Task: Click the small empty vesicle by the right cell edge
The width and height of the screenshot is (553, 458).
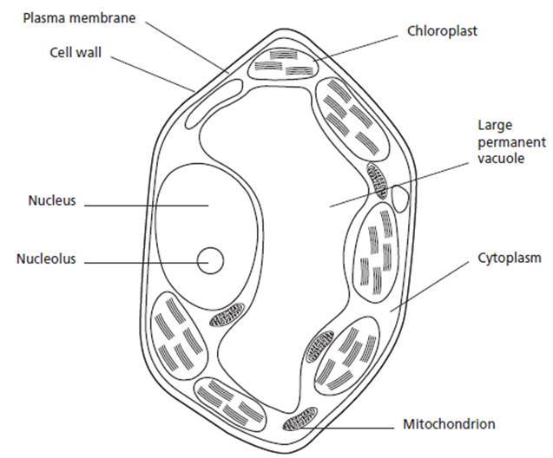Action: (401, 195)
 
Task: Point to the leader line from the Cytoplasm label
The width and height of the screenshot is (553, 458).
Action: (434, 285)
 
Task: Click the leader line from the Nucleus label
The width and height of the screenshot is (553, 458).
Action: (148, 204)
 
